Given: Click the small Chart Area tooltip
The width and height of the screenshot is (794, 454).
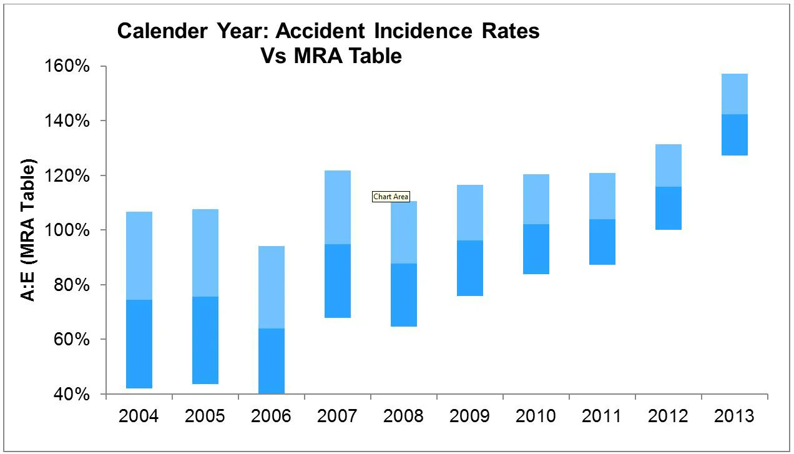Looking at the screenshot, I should [391, 197].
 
